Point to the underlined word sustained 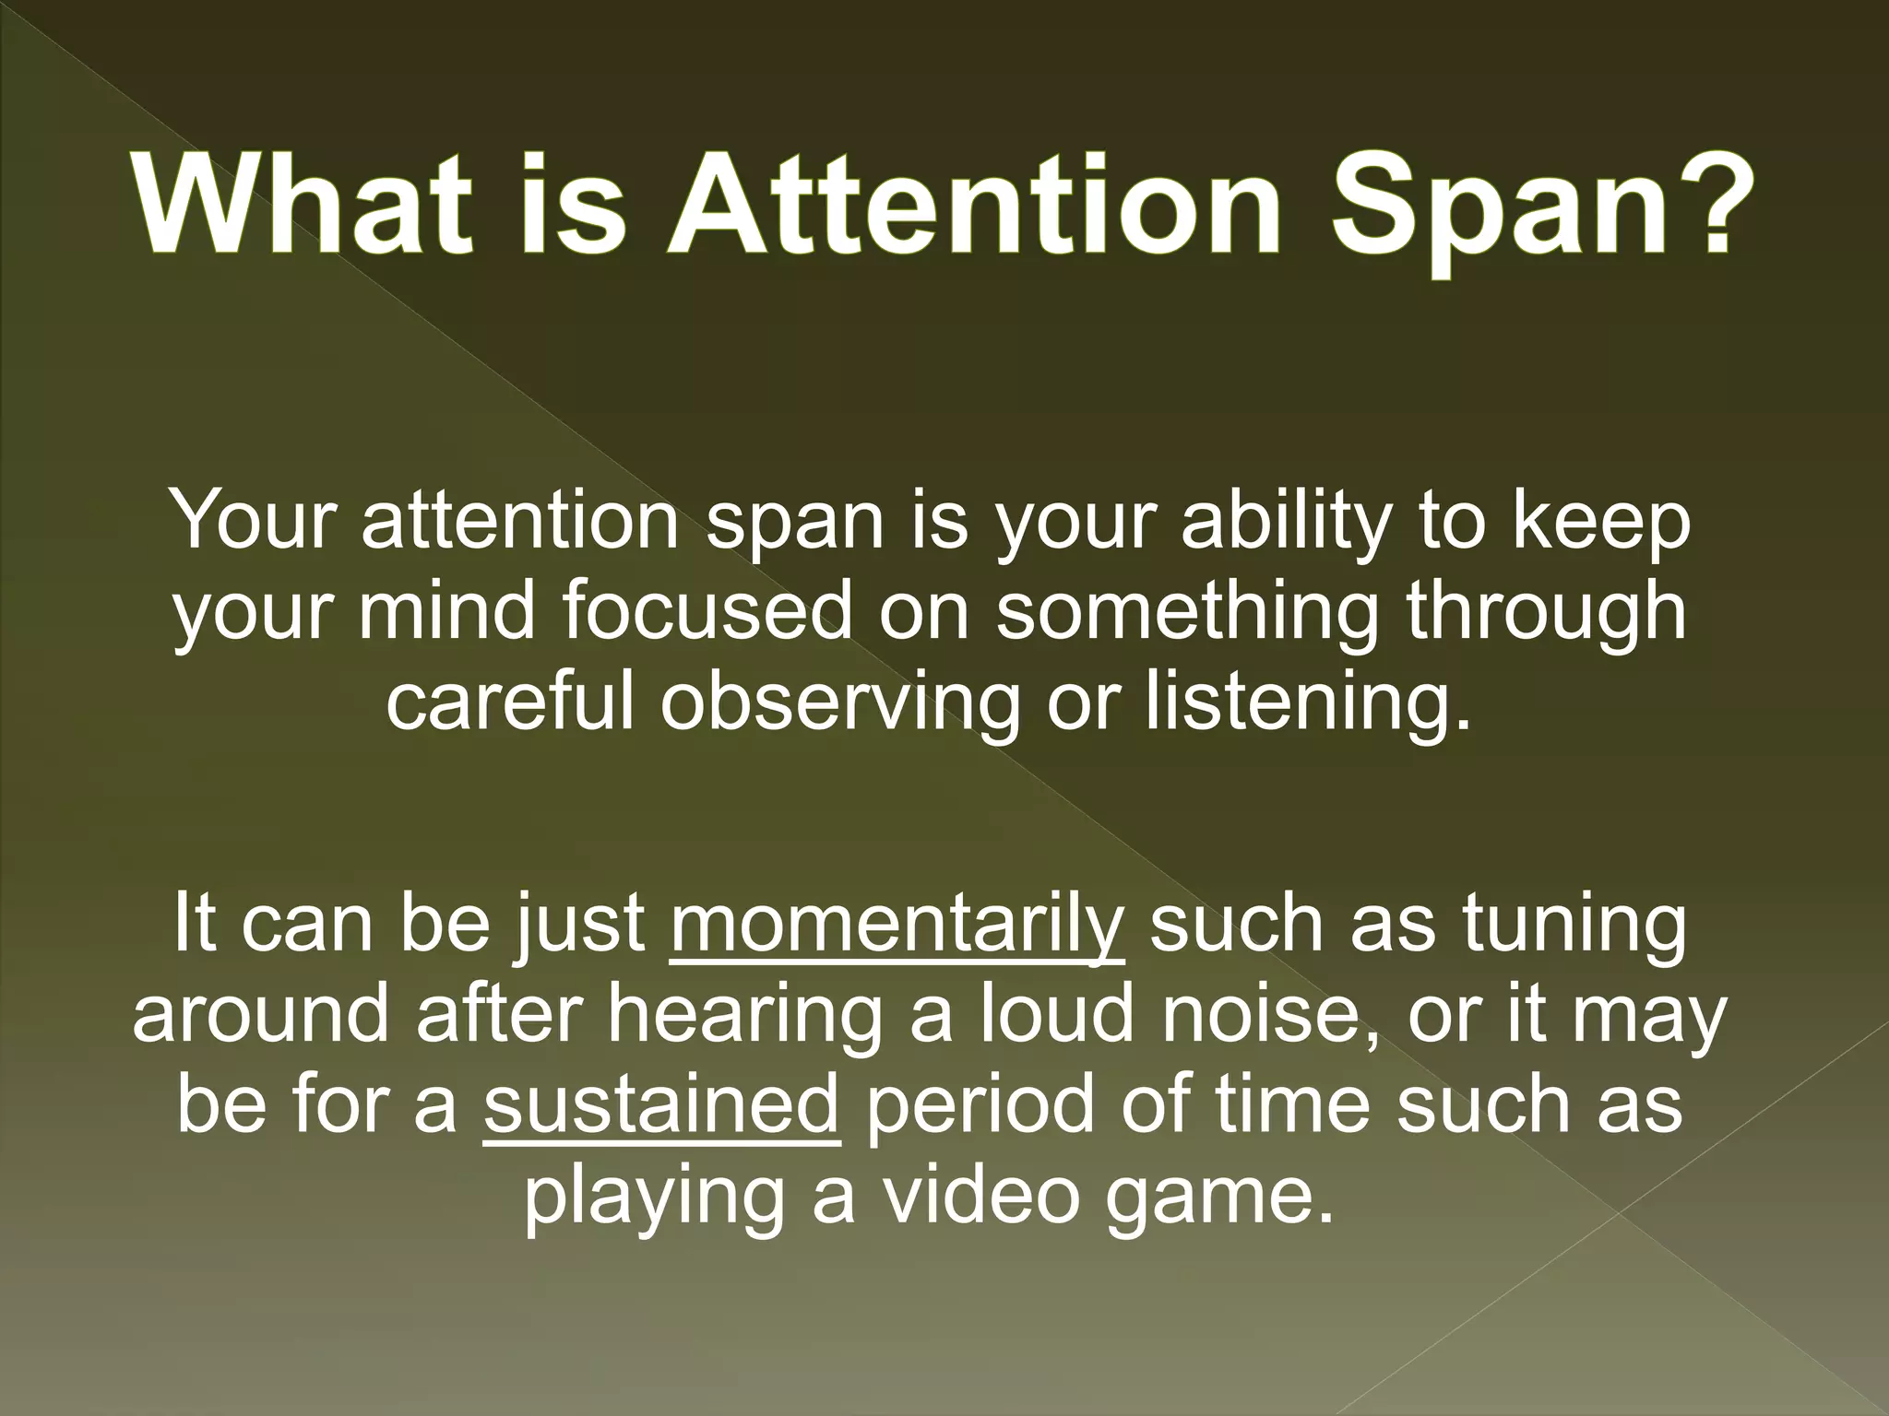pos(660,1104)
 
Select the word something pos(1186,612)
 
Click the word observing pos(840,702)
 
